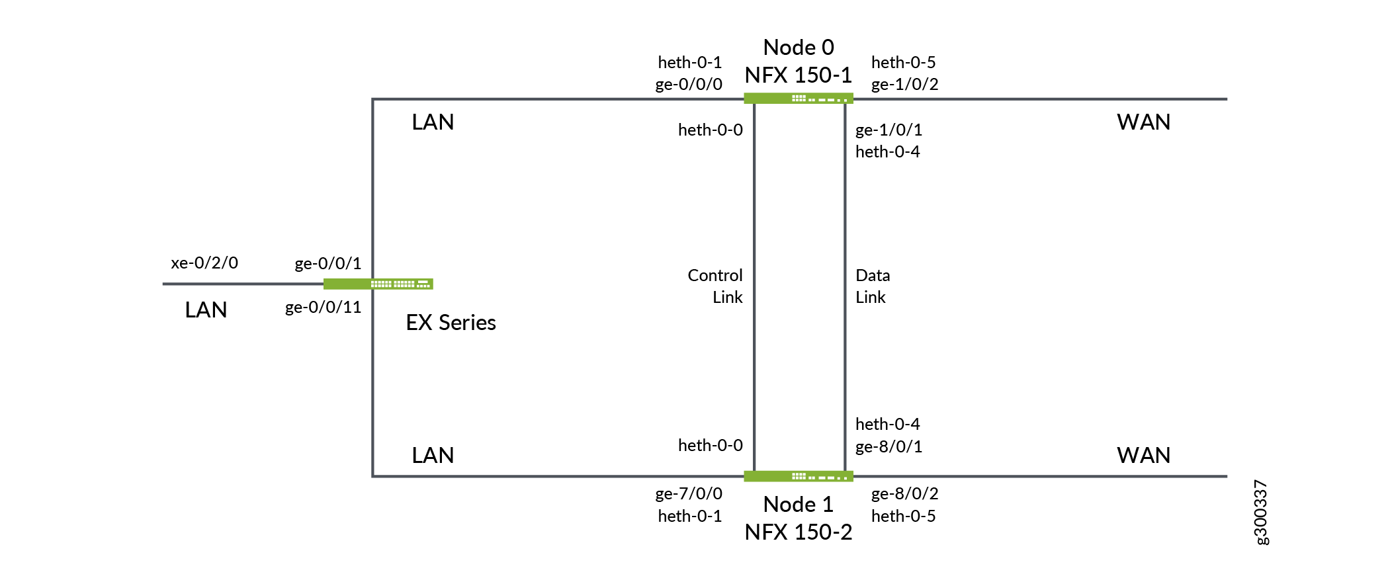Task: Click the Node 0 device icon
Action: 798,99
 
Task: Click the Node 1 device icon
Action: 798,476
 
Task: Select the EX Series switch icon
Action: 378,284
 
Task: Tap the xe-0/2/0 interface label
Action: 204,263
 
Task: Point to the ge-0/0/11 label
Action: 323,307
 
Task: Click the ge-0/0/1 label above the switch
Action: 327,263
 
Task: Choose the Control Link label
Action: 715,286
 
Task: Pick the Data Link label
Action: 872,286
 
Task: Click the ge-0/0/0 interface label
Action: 688,84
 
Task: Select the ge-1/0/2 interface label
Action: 904,84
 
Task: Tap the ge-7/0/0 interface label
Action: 688,493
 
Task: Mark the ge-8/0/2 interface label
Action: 904,493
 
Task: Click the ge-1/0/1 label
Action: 889,130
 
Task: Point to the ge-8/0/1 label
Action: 889,446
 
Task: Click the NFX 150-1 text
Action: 798,75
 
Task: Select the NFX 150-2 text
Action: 798,532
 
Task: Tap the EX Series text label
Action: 451,322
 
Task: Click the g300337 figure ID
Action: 1261,512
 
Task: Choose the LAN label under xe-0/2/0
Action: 206,310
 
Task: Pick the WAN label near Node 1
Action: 1143,455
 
